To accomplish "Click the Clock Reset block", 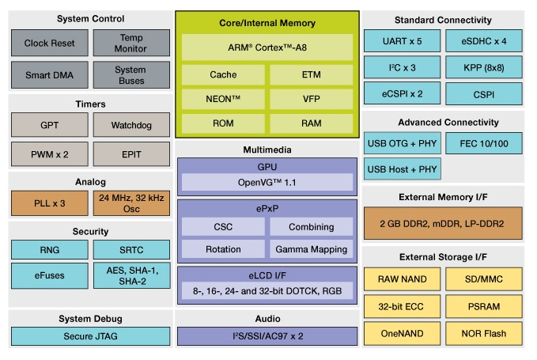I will coord(49,44).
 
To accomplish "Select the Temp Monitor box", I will coord(131,44).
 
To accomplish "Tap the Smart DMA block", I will coord(49,75).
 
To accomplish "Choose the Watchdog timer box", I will coord(131,124).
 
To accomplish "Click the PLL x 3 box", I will coord(49,203).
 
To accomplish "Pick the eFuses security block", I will coord(49,275).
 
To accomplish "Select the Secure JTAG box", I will coord(90,335).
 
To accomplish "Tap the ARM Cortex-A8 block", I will coord(267,47).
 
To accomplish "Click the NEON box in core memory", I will coord(223,100).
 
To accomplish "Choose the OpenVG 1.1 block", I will coord(267,183).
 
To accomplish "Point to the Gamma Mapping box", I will coord(311,249).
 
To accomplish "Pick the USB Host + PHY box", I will coord(403,169).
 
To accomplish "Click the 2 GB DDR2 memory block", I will coord(443,223).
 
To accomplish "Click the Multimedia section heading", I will coord(267,150).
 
